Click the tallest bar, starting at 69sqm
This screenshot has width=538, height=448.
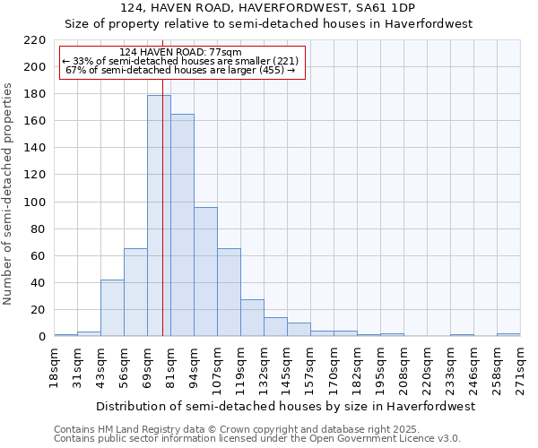(x=159, y=216)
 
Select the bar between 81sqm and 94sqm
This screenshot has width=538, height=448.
(x=182, y=225)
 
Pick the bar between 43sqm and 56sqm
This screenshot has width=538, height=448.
(x=112, y=308)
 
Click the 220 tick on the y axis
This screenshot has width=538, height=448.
(x=35, y=40)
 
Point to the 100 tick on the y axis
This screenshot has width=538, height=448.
(x=35, y=202)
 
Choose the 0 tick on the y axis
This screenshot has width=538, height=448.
(x=41, y=337)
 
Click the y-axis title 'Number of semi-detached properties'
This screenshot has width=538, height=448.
(x=9, y=194)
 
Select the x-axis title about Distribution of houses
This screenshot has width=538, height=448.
(x=284, y=406)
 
